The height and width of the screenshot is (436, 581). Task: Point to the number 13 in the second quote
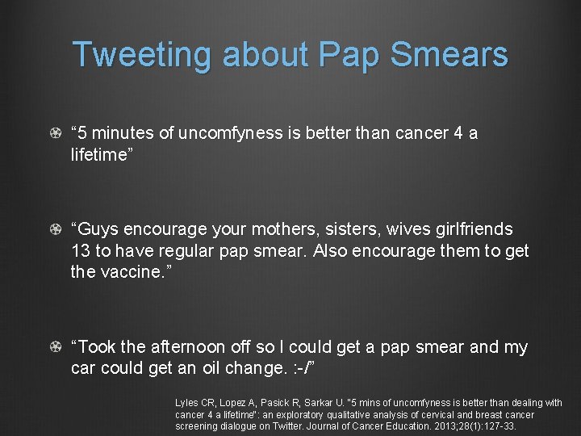point(82,251)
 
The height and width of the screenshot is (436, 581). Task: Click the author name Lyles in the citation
point(186,403)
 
